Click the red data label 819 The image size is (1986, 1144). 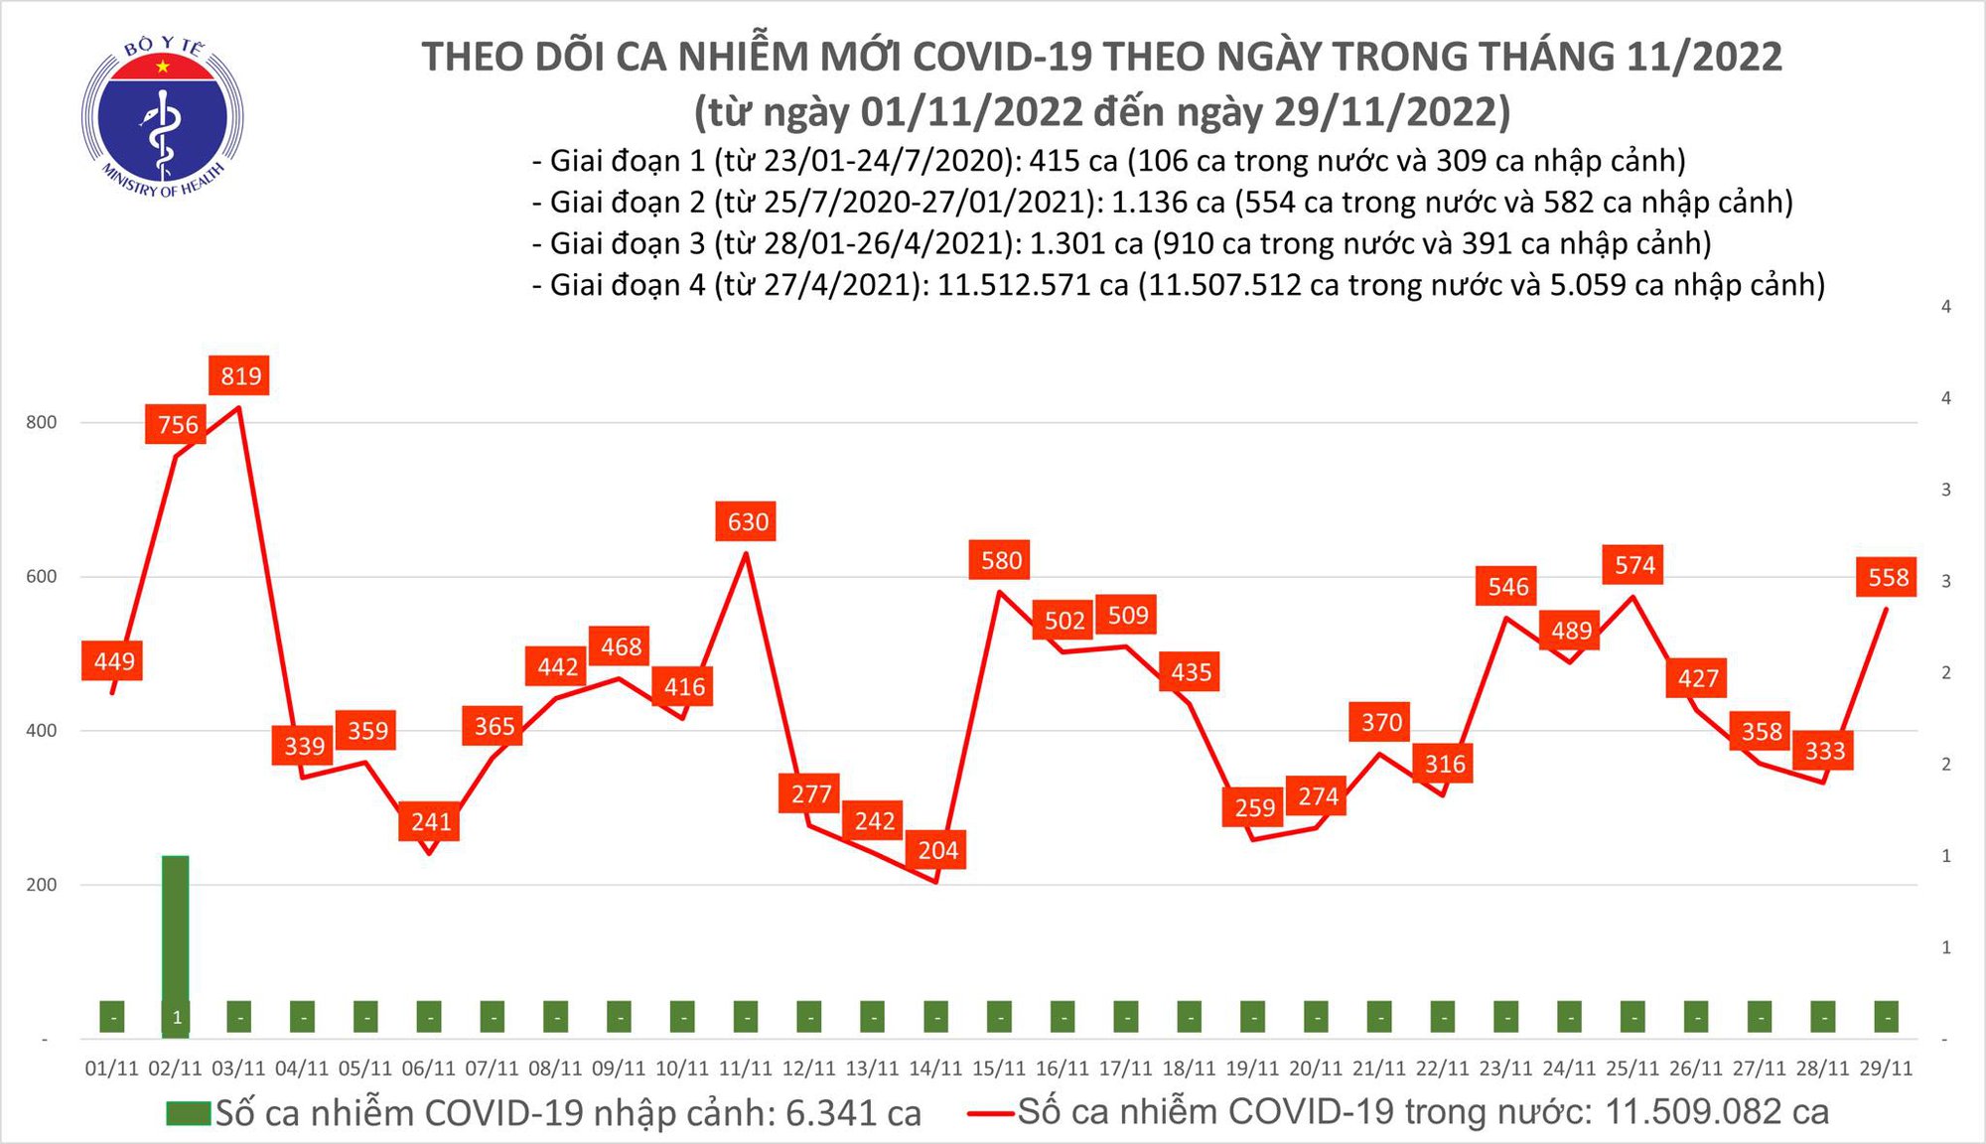tap(240, 376)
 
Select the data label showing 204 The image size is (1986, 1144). tap(937, 850)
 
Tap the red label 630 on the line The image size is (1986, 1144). tap(747, 522)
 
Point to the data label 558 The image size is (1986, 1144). tap(1888, 578)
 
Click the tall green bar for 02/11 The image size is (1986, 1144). tap(176, 933)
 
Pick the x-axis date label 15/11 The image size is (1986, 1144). tap(999, 1069)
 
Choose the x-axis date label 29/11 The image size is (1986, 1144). tap(1886, 1069)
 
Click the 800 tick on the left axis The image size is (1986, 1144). tap(42, 423)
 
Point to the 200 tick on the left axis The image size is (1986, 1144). tap(42, 885)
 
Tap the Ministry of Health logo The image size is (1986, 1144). tap(163, 117)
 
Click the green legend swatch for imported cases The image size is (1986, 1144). tap(189, 1113)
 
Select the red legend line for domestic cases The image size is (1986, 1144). tap(991, 1113)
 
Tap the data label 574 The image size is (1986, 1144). tap(1633, 566)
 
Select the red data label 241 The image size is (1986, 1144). tap(431, 822)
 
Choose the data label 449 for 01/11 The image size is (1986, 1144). tap(114, 661)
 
